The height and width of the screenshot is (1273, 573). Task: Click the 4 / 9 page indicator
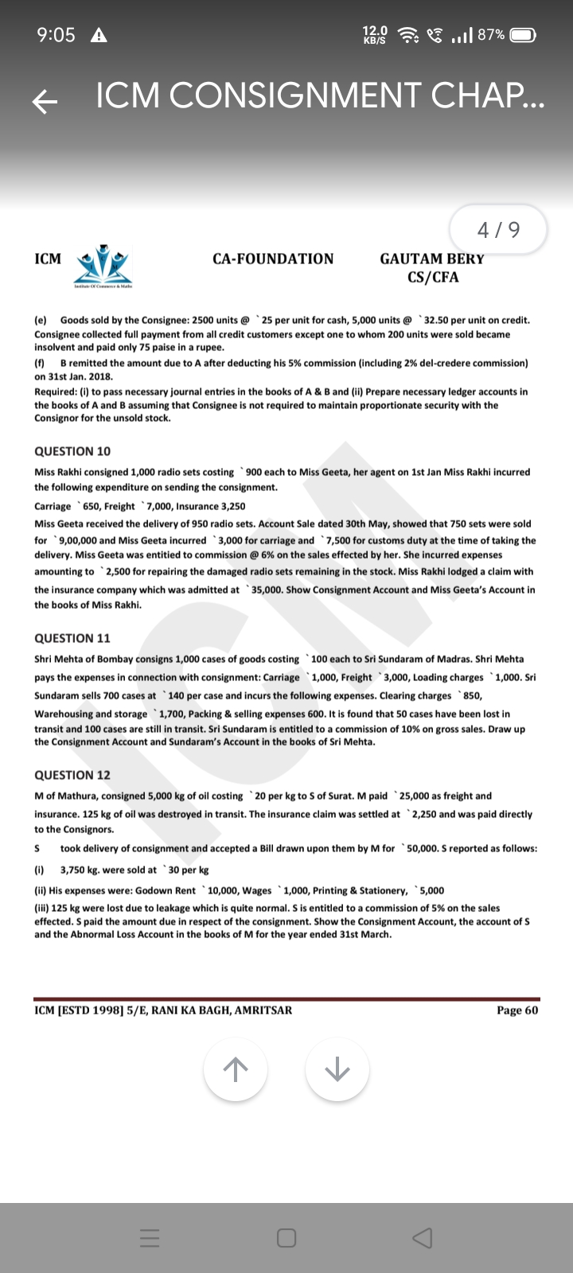click(x=498, y=230)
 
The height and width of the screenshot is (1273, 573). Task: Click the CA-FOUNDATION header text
click(x=273, y=259)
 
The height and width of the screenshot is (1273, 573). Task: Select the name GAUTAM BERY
click(x=432, y=259)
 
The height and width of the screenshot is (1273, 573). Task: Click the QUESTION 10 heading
click(x=72, y=451)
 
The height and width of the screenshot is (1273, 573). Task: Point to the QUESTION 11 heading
click(x=72, y=638)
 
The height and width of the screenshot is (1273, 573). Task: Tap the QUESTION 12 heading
click(x=72, y=775)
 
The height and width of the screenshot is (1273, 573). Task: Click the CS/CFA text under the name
click(x=433, y=277)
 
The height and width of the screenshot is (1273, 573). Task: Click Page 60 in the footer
click(x=517, y=1010)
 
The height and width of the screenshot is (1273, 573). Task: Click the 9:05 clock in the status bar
click(x=56, y=35)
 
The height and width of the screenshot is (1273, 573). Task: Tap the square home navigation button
click(x=286, y=1238)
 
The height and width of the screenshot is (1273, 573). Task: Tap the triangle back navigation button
click(x=423, y=1238)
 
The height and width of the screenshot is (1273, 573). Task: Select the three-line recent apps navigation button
click(x=150, y=1238)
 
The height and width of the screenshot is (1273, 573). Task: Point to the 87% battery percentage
click(x=491, y=35)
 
